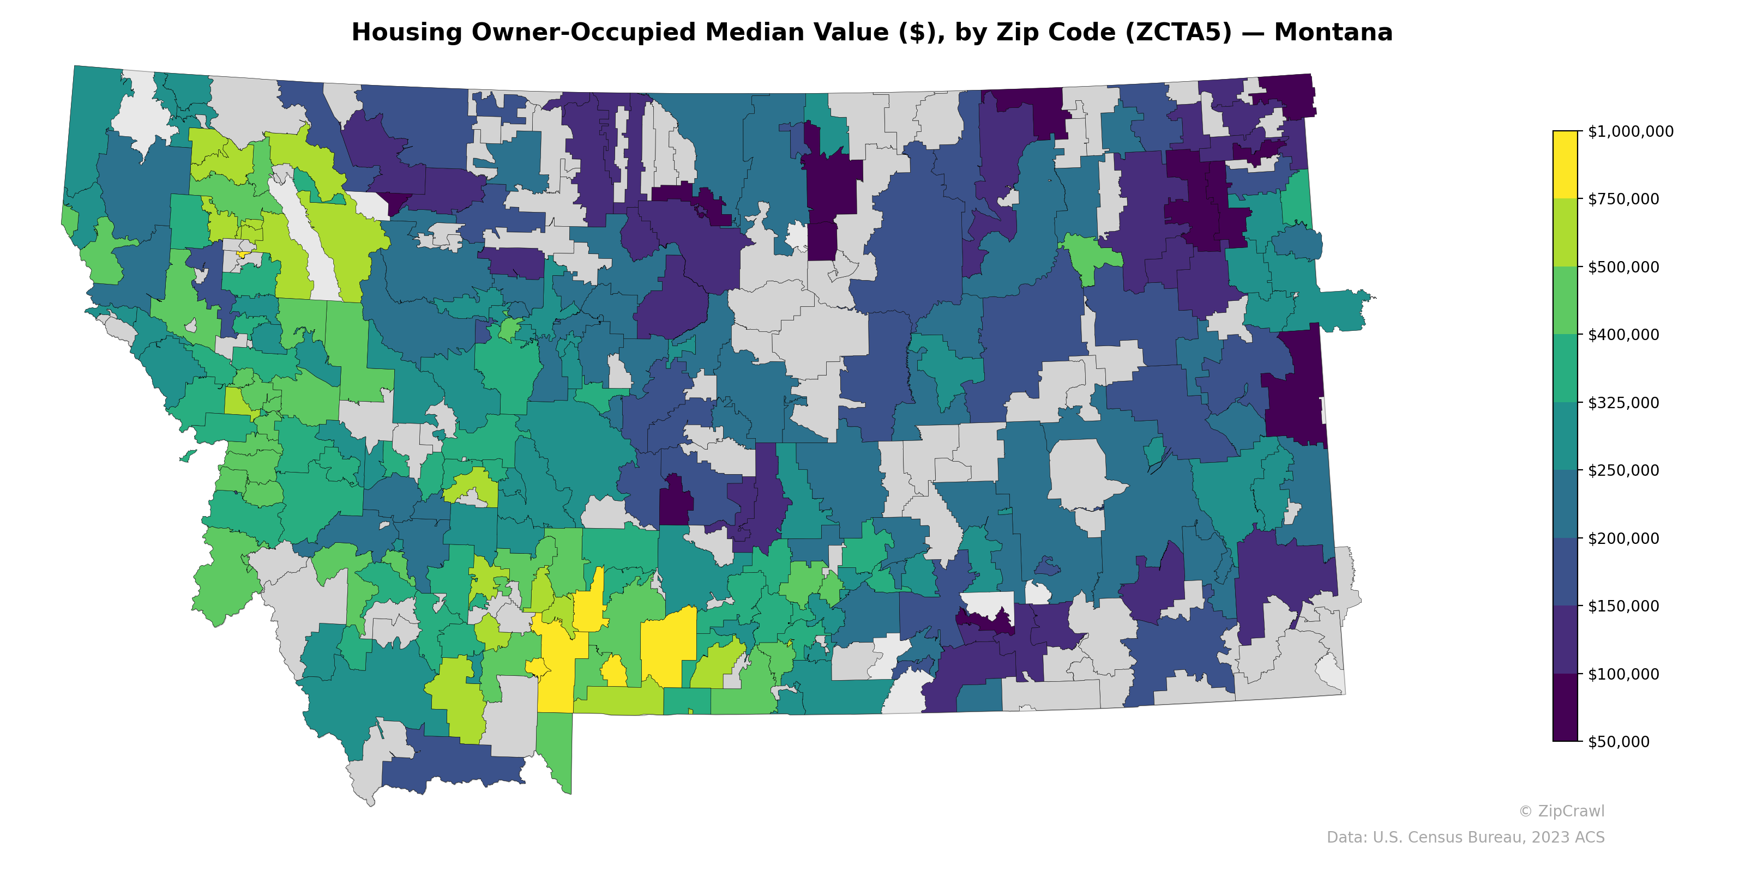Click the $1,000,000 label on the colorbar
point(1630,131)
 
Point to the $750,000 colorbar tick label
point(1623,199)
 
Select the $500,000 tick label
point(1623,267)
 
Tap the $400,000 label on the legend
point(1623,335)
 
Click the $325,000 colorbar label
point(1623,403)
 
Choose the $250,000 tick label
point(1623,470)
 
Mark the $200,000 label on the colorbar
point(1623,538)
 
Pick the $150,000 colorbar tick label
point(1623,606)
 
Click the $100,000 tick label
point(1623,674)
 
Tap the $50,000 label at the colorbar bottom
point(1618,741)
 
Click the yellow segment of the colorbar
point(1565,165)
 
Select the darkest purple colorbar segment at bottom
point(1565,707)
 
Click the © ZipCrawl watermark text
point(1561,811)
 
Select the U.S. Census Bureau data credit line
point(1465,838)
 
